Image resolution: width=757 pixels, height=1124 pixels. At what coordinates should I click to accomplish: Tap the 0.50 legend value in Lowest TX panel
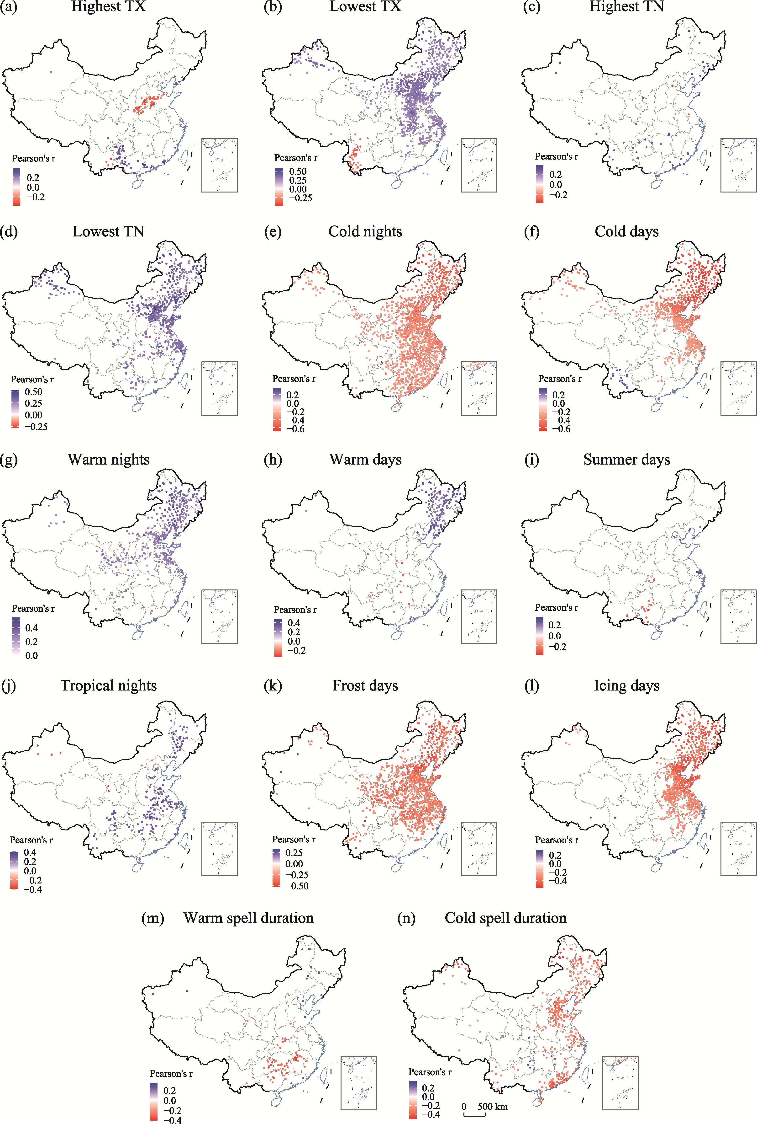tap(298, 171)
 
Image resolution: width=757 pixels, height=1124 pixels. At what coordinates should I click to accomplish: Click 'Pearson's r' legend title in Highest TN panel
tap(556, 156)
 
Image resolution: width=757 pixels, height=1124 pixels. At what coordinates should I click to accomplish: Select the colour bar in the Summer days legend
tap(539, 636)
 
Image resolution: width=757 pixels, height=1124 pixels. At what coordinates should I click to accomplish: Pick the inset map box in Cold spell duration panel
tap(620, 1083)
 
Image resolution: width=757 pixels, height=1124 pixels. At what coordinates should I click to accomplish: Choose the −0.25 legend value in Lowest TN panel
tap(36, 427)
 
